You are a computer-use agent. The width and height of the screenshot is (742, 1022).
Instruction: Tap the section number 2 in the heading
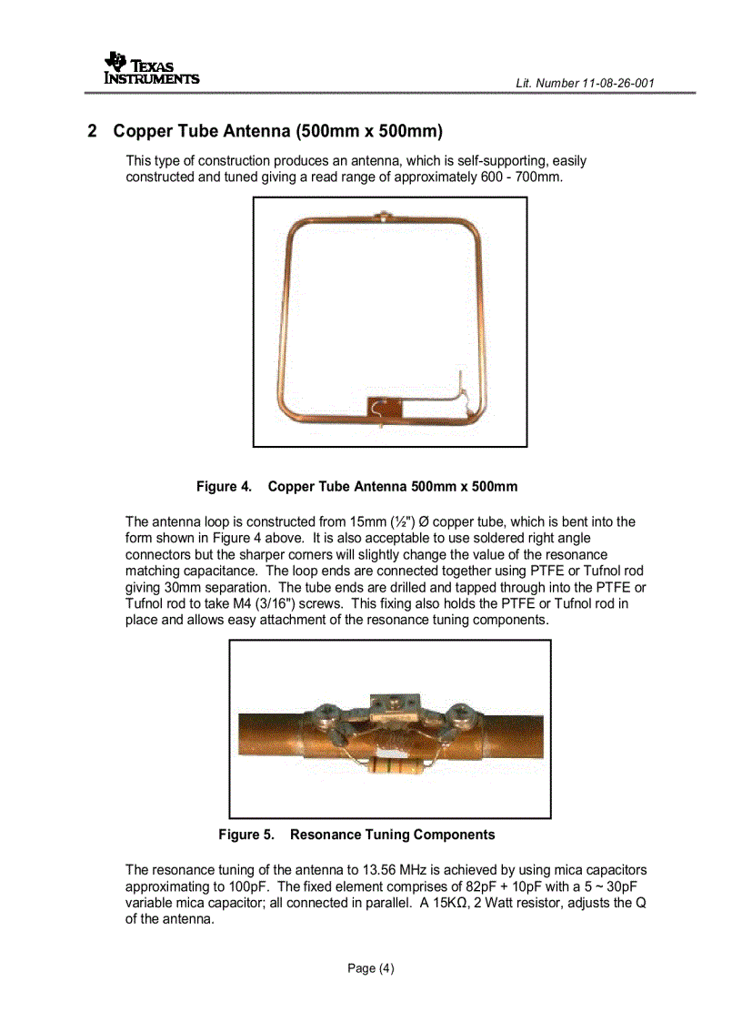(92, 131)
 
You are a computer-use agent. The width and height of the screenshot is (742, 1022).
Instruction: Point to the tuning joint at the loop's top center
(386, 217)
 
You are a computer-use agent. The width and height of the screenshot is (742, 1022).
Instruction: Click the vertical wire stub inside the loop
(460, 382)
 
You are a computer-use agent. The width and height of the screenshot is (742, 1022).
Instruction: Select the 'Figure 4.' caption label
(224, 487)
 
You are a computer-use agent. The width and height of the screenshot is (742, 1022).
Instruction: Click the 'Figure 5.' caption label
(246, 835)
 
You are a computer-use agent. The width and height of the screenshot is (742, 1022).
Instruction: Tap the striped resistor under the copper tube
(390, 767)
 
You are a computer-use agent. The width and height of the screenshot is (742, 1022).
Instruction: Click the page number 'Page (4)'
(371, 967)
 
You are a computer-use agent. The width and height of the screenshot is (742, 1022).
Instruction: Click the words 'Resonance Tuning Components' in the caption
(392, 835)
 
